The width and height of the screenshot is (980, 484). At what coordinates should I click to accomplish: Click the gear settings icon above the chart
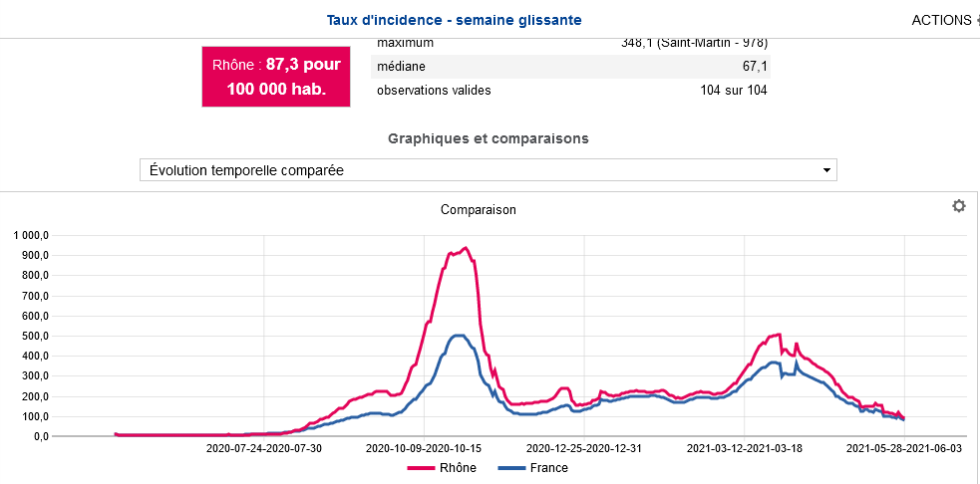[x=959, y=206]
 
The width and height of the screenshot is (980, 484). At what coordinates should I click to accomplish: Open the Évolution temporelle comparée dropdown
[x=488, y=170]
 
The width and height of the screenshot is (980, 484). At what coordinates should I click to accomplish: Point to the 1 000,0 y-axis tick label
[x=30, y=235]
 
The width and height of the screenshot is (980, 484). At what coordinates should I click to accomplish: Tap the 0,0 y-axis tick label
[x=41, y=436]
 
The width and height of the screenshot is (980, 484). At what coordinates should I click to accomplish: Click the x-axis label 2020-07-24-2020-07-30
[x=264, y=448]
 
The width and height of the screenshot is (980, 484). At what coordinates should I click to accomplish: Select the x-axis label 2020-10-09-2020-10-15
[x=424, y=448]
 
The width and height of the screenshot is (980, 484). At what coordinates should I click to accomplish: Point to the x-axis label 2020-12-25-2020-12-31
[x=584, y=448]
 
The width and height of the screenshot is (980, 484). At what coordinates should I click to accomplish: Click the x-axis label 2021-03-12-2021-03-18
[x=744, y=448]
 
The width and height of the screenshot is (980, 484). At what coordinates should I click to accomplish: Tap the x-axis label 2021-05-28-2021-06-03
[x=903, y=448]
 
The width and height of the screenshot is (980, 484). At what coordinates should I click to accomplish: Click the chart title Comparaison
[x=478, y=210]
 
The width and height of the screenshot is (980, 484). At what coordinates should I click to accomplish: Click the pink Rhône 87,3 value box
[x=277, y=76]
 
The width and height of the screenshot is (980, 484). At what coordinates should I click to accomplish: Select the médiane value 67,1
[x=753, y=66]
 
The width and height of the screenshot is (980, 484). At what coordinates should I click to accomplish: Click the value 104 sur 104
[x=733, y=91]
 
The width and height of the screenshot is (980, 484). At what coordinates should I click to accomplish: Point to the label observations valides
[x=434, y=91]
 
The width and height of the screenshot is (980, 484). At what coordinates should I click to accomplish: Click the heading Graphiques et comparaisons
[x=488, y=138]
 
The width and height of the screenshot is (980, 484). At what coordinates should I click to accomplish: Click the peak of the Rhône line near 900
[x=466, y=248]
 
